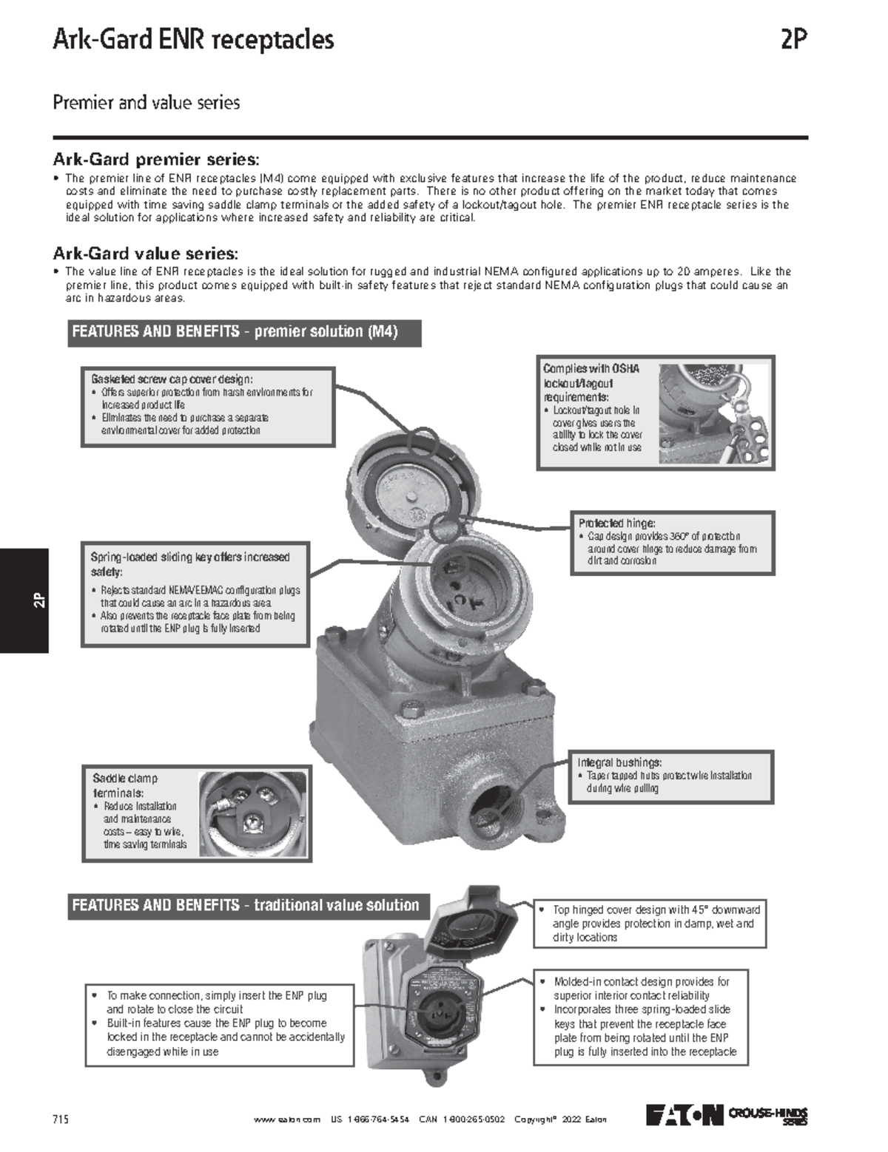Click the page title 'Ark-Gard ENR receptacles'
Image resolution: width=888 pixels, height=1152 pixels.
pyautogui.click(x=193, y=39)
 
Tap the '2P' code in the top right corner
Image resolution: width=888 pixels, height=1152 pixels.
pyautogui.click(x=793, y=39)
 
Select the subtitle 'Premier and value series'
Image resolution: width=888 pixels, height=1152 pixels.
pyautogui.click(x=146, y=102)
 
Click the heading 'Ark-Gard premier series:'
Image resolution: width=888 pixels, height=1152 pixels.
pyautogui.click(x=156, y=159)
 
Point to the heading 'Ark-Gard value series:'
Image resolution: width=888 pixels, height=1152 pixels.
pyautogui.click(x=145, y=254)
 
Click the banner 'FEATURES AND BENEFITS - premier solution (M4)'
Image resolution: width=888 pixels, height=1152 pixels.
pyautogui.click(x=244, y=332)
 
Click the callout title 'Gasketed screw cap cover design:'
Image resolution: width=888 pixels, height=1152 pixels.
pyautogui.click(x=172, y=379)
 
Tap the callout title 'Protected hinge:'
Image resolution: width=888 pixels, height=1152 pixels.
pyautogui.click(x=616, y=523)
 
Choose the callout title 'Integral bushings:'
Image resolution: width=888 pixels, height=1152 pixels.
pyautogui.click(x=619, y=762)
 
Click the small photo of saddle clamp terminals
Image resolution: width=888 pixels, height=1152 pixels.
pyautogui.click(x=252, y=815)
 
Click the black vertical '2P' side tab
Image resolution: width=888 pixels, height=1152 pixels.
pyautogui.click(x=24, y=600)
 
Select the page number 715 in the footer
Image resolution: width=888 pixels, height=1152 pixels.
pyautogui.click(x=61, y=1119)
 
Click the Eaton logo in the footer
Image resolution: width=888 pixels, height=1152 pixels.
pyautogui.click(x=684, y=1115)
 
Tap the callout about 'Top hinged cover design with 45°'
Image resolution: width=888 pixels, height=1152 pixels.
pyautogui.click(x=650, y=924)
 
